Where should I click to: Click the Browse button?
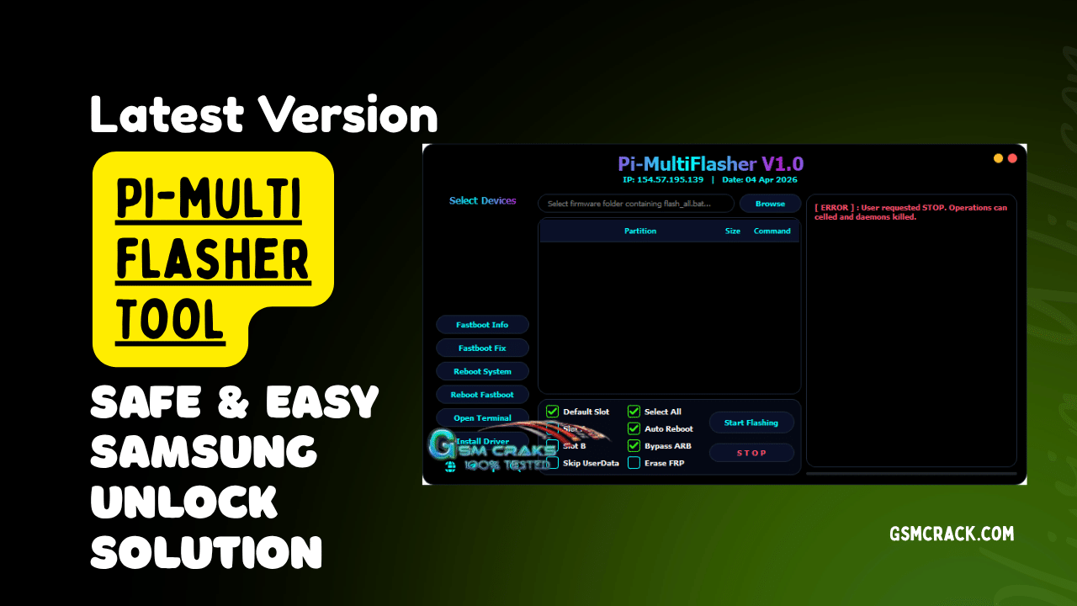point(770,204)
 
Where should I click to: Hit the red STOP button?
point(751,453)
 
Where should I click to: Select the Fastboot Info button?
point(482,325)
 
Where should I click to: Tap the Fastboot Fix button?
point(482,348)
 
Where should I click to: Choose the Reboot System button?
point(482,372)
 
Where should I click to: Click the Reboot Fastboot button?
point(482,395)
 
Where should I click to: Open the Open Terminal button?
point(482,418)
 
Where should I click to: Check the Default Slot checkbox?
point(553,412)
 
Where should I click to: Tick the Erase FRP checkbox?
point(634,463)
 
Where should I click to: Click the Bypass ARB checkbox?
point(634,446)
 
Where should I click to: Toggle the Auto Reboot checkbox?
point(634,429)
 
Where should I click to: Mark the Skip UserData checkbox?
point(553,463)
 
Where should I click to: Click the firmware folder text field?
point(635,204)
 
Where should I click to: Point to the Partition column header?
point(640,231)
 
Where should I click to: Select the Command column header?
point(772,231)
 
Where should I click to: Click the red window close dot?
point(1012,158)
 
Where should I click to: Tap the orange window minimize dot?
point(998,158)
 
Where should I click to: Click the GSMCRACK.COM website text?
point(952,534)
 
